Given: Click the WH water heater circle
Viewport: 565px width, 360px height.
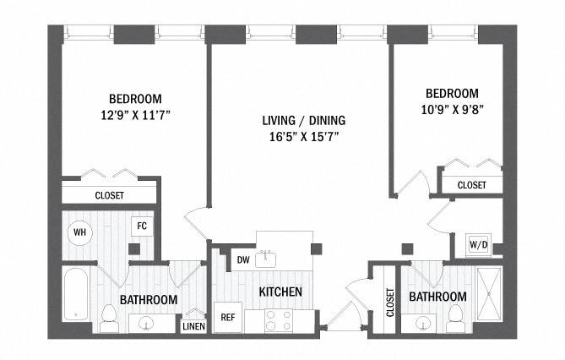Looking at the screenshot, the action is click(x=80, y=232).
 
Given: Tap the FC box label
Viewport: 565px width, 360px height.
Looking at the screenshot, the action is click(x=142, y=226).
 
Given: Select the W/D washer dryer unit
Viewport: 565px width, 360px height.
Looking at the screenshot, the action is click(x=479, y=245).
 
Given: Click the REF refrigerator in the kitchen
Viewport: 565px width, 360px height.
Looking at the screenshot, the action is click(x=228, y=318).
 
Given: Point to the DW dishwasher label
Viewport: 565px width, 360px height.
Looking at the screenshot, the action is click(x=243, y=259).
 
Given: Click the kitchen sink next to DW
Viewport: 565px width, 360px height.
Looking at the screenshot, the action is click(x=265, y=259).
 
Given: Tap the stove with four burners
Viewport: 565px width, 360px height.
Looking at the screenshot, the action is click(x=279, y=320).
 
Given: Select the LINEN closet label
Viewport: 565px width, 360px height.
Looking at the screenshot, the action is click(x=194, y=326).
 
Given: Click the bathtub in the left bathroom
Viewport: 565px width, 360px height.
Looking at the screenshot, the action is click(x=76, y=294).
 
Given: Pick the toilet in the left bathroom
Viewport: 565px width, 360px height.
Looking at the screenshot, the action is click(x=109, y=318).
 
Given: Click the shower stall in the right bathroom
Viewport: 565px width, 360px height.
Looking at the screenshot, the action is click(x=489, y=294).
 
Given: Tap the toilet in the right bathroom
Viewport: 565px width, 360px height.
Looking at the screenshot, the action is click(x=456, y=319).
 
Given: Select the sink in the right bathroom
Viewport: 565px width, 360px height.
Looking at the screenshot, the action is click(x=422, y=322).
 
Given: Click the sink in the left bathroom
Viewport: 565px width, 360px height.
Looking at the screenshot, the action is click(x=146, y=322).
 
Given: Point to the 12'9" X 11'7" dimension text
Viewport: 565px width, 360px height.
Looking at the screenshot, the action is click(x=135, y=116).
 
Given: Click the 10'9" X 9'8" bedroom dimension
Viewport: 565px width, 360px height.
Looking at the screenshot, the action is click(x=452, y=109).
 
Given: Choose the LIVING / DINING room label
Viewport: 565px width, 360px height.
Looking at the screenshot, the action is click(x=304, y=121).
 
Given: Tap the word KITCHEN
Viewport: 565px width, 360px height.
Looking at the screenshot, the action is click(x=280, y=292).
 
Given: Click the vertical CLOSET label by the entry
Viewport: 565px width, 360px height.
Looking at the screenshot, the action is click(x=390, y=303).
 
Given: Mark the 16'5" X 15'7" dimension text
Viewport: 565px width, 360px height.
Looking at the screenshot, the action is click(x=305, y=137).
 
